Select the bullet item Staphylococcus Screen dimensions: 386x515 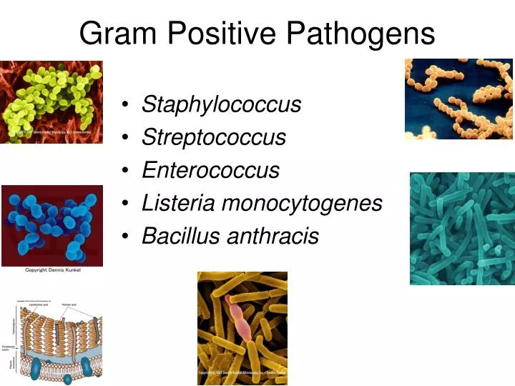[x=222, y=104]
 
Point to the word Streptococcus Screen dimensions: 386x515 [x=214, y=137]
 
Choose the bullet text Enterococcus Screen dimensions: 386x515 [x=210, y=170]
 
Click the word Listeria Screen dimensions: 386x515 [x=178, y=203]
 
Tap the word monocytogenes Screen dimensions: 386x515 [x=302, y=204]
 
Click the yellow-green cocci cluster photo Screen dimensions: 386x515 [x=51, y=102]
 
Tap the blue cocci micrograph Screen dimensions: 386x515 [x=51, y=225]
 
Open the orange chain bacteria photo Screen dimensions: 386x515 [x=458, y=99]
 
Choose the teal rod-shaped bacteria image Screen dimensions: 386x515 [x=462, y=228]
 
